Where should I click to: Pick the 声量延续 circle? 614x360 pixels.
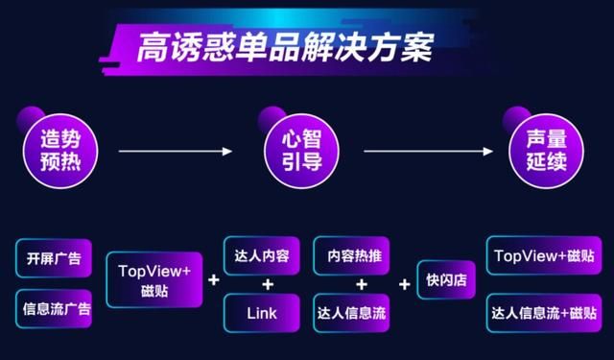[538, 151]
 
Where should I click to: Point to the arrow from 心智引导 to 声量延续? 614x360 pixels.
[427, 151]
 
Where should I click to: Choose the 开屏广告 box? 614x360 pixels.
[54, 258]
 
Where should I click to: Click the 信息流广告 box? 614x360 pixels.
[54, 309]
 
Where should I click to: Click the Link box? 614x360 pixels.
[262, 312]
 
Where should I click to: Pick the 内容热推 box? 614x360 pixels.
[351, 256]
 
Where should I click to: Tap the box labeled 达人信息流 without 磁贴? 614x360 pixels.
[351, 312]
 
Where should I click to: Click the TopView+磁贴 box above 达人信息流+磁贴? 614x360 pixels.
[542, 256]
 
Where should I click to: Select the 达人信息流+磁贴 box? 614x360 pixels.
[542, 312]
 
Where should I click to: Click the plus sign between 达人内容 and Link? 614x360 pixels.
[268, 284]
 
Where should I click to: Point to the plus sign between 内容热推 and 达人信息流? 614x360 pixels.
[362, 284]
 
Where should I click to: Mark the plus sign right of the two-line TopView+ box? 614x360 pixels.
[213, 281]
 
